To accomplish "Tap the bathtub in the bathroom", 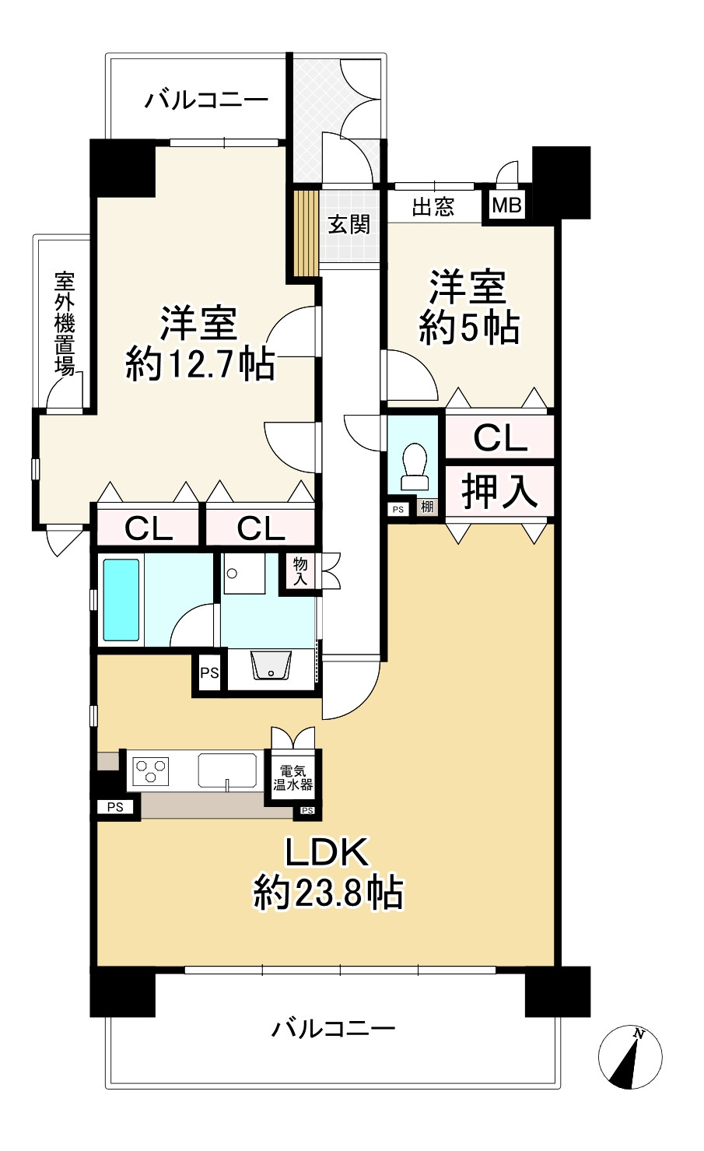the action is tap(121, 600).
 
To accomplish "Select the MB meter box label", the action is tap(507, 205).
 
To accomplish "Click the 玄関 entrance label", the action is tap(349, 225).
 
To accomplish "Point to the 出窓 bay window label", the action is tap(433, 207).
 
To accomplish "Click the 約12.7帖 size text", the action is tap(200, 363).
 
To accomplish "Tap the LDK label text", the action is tap(327, 852).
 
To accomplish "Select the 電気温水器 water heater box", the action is tap(293, 777).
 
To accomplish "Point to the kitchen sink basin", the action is tap(227, 770).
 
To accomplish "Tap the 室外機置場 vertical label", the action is tap(65, 324).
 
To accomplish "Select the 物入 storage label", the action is tap(300, 571).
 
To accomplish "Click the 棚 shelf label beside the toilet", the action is tap(427, 507).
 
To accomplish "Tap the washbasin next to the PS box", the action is tap(271, 665).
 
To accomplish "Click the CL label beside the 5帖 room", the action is tap(500, 437).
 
